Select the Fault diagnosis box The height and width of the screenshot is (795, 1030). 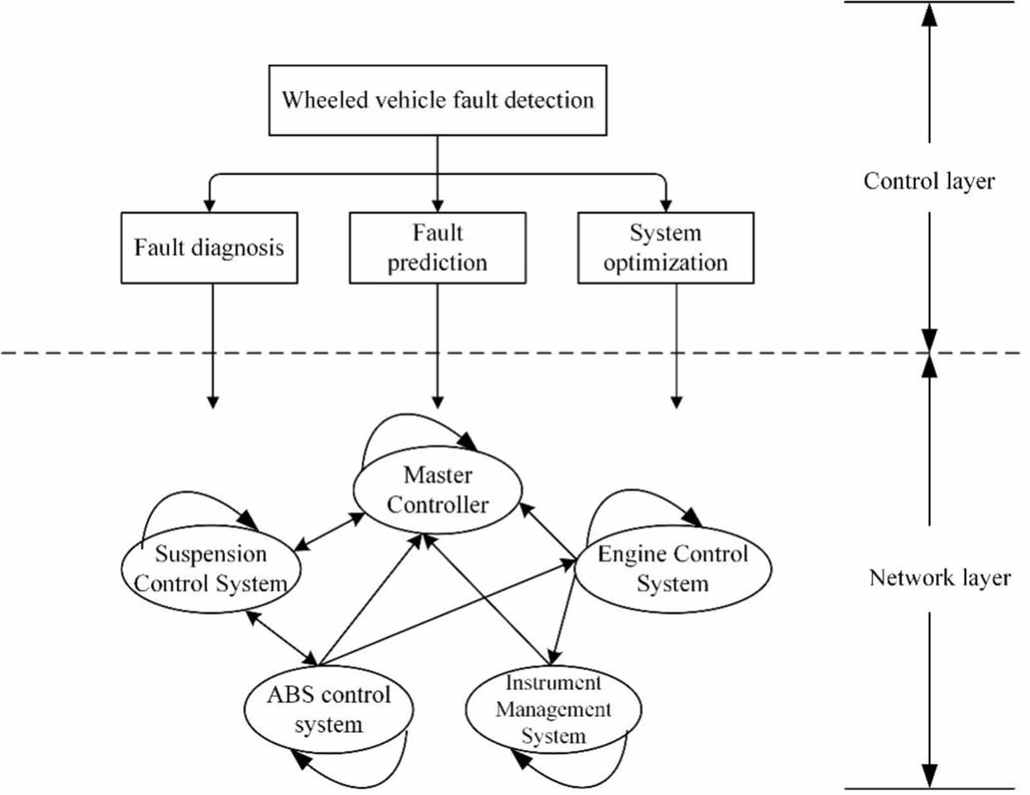(209, 248)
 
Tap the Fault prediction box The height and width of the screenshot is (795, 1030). (437, 248)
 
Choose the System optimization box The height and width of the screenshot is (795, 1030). (665, 248)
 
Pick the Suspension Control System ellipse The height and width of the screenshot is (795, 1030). (211, 569)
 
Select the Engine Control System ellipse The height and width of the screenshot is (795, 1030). (672, 569)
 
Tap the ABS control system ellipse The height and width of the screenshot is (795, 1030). (328, 709)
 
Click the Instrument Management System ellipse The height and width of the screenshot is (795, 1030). (553, 709)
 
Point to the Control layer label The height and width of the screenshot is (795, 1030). (928, 181)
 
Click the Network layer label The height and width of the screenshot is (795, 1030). (939, 577)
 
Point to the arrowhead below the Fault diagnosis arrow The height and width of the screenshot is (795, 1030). (212, 402)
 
